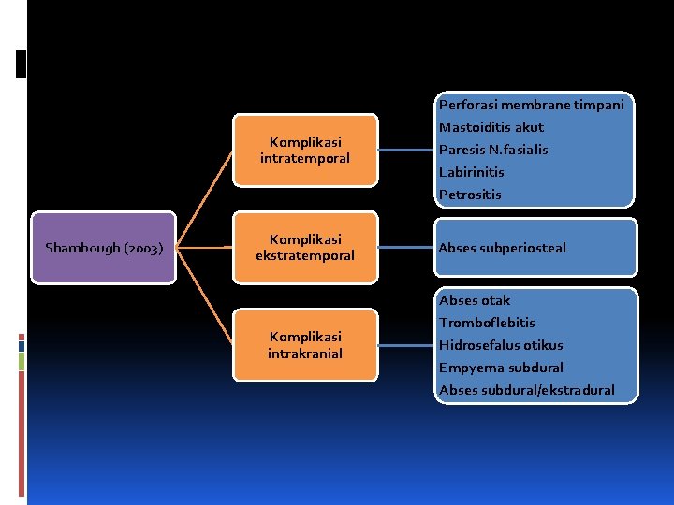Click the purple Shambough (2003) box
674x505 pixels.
coord(104,248)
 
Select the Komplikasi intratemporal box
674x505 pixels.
coord(305,150)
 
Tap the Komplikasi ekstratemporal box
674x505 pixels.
coord(305,248)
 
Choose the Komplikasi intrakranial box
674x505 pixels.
coord(305,344)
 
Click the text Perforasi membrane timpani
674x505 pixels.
coord(531,105)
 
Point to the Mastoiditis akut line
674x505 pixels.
coord(491,127)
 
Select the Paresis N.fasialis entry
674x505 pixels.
coord(493,150)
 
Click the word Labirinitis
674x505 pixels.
coord(471,172)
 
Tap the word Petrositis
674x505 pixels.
coord(470,195)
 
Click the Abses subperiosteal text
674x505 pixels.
coord(502,248)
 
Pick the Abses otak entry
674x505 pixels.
coord(475,300)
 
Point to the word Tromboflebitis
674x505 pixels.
coord(487,323)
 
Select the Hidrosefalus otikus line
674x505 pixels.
coord(501,345)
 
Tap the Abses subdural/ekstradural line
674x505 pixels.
coord(527,390)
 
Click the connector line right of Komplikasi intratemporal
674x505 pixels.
coord(405,150)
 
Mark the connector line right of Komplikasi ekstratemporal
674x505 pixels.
coord(405,248)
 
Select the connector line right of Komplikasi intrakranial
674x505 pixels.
coord(405,345)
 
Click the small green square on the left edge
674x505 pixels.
coord(21,359)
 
